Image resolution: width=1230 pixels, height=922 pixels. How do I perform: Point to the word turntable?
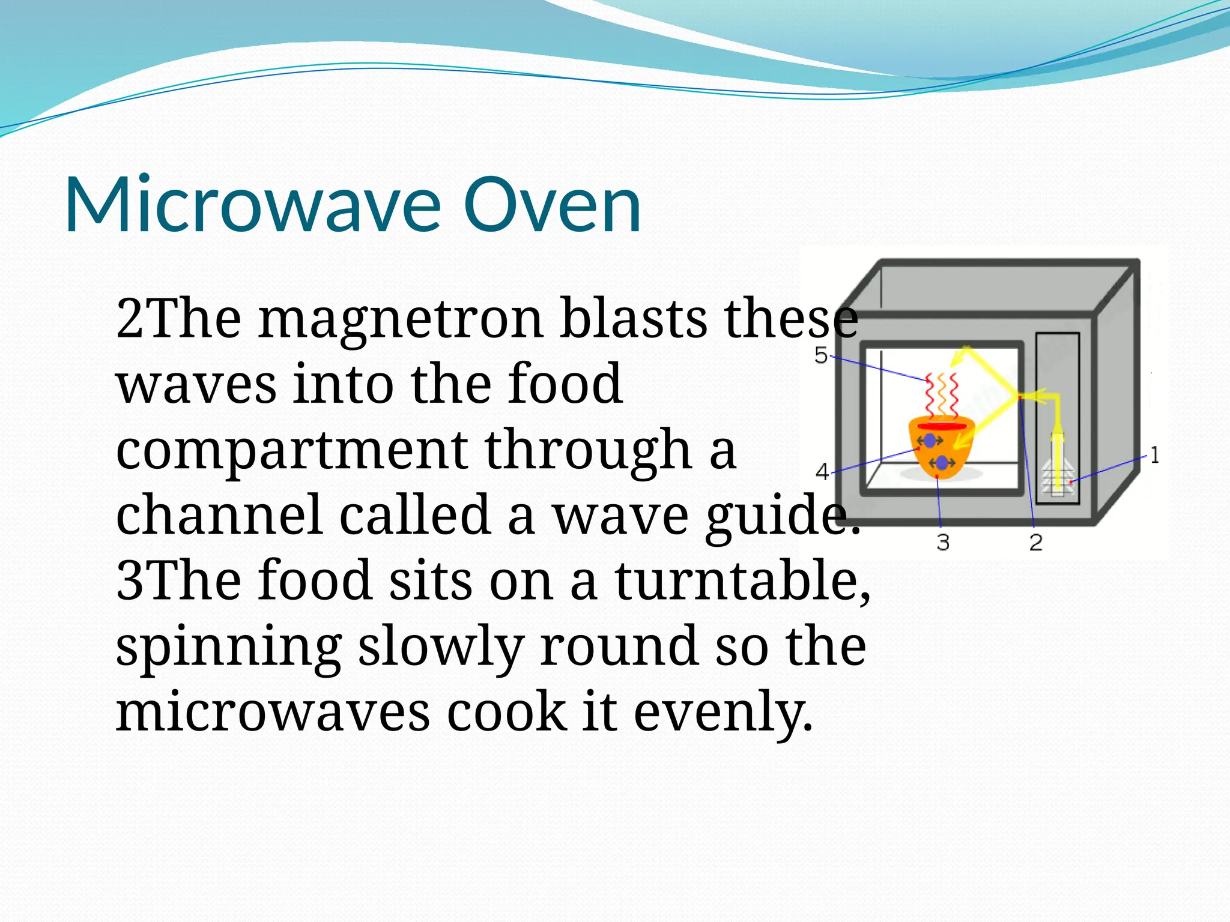pos(742,580)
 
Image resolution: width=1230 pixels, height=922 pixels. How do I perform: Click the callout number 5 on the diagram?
pos(820,355)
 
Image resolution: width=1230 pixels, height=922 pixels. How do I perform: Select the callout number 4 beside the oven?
pos(822,472)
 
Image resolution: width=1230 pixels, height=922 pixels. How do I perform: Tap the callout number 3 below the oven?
pos(943,543)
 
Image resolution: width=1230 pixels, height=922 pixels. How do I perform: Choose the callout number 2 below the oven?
pos(1036,543)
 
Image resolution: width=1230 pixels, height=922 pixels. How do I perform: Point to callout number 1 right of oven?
pos(1154,455)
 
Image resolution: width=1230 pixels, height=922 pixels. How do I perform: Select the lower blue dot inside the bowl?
pos(942,463)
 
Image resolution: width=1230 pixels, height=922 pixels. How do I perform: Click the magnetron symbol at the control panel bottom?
pos(1057,477)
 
